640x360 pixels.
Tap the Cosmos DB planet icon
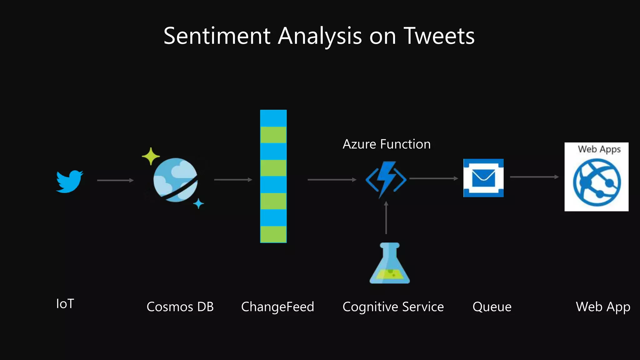[x=175, y=180]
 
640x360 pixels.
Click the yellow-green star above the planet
[x=151, y=156]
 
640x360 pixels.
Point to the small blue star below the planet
[x=198, y=204]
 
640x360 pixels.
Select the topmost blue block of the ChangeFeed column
[x=273, y=118]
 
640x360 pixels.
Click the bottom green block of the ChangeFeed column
[x=273, y=234]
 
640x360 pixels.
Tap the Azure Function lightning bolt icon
[x=386, y=179]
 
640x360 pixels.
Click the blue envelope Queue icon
[x=483, y=178]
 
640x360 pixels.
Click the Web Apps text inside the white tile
[x=599, y=149]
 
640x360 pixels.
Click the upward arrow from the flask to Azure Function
[x=386, y=217]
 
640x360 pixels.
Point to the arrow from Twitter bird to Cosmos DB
[x=115, y=180]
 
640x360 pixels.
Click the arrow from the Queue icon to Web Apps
[x=534, y=177]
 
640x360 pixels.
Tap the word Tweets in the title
[x=439, y=36]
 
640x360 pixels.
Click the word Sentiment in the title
[x=217, y=36]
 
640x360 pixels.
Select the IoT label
[x=65, y=304]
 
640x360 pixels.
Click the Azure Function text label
[x=387, y=144]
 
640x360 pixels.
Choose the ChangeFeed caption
[x=277, y=307]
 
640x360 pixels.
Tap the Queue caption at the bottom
[x=492, y=307]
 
